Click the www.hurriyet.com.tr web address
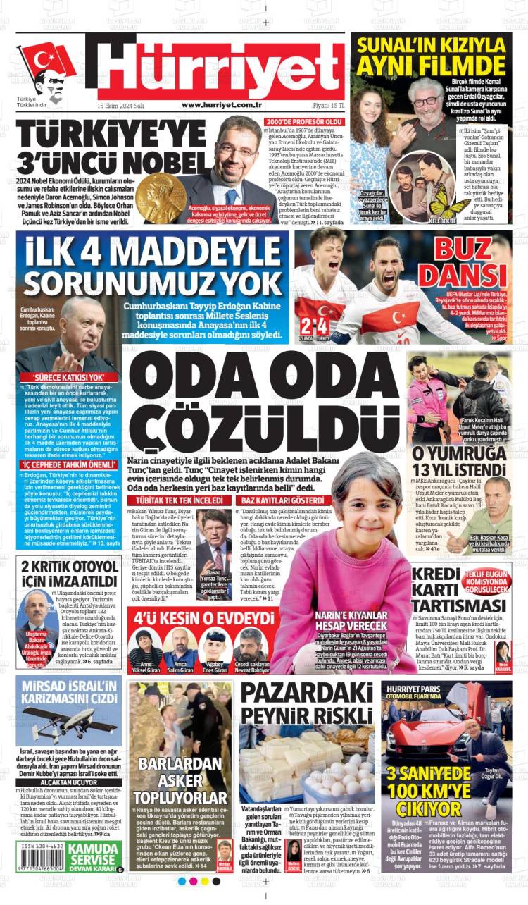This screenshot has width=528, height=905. [222, 105]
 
